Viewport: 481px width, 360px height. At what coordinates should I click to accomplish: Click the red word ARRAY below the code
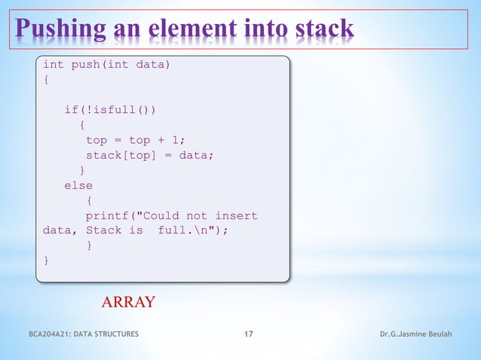[128, 303]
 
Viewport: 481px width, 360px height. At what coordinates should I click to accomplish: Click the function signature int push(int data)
[106, 65]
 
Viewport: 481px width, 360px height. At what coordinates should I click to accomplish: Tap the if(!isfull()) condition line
[110, 110]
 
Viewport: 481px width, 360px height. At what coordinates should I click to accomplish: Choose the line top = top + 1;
[135, 140]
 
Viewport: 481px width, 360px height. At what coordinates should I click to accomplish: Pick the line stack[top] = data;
[149, 155]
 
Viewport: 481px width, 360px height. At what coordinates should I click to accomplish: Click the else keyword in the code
[78, 185]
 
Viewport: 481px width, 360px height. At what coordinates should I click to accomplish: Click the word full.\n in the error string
[188, 231]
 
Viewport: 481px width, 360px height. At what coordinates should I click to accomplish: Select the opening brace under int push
[46, 79]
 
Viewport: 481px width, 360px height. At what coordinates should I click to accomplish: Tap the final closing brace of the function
[46, 261]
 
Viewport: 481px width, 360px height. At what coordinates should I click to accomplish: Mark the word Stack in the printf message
[103, 231]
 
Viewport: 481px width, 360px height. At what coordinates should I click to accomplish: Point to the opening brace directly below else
[89, 200]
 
